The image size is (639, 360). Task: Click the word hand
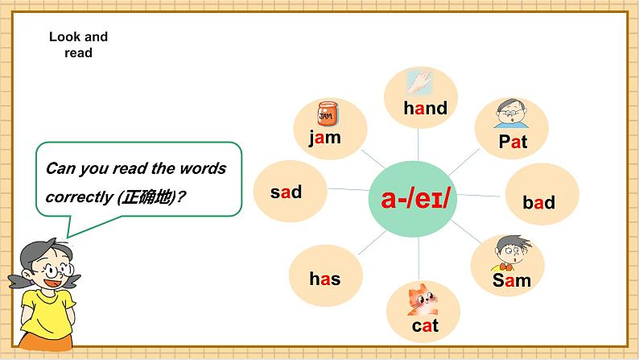tap(426, 108)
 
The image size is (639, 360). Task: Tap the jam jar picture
tap(328, 114)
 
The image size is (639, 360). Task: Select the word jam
tap(325, 138)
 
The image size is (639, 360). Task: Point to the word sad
tap(286, 192)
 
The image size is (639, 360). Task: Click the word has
tap(325, 279)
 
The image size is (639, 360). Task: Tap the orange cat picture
tap(423, 300)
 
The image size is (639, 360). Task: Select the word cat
tap(425, 325)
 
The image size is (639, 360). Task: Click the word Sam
tap(512, 280)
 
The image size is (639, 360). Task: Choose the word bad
tap(538, 202)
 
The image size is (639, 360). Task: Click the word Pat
tap(513, 142)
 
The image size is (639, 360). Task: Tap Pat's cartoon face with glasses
tap(511, 113)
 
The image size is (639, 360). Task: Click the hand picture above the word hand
tap(419, 82)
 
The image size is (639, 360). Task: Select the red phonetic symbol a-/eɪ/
tap(415, 199)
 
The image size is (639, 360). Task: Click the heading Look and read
tap(79, 44)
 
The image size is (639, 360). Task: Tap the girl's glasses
tap(58, 270)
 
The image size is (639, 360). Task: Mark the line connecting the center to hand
tap(418, 145)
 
